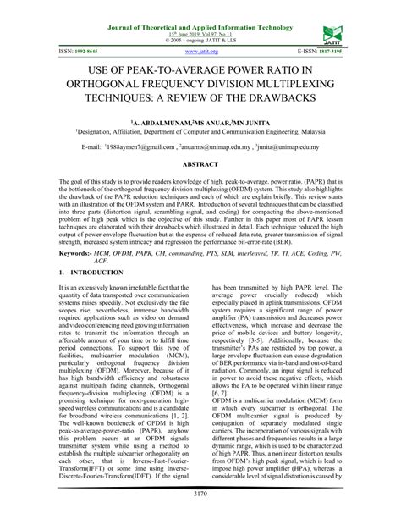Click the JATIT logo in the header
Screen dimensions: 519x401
click(330, 33)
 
